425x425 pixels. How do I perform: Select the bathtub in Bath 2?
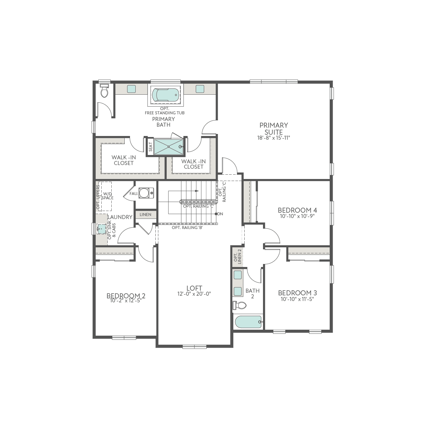click(x=248, y=322)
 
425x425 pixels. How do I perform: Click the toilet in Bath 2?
click(x=240, y=305)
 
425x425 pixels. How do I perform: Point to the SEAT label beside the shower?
click(x=150, y=147)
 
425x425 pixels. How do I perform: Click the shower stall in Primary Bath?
click(x=169, y=147)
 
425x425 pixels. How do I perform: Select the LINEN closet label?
click(x=145, y=215)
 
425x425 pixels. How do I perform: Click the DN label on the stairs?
click(x=220, y=214)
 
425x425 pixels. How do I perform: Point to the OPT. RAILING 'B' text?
click(x=187, y=228)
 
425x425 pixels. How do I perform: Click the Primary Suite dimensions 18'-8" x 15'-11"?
click(x=274, y=138)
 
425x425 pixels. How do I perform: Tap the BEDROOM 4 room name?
click(x=297, y=210)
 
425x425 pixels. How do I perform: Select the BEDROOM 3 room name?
click(x=297, y=293)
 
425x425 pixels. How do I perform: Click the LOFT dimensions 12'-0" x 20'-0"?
click(x=194, y=294)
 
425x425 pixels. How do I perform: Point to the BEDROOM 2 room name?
click(x=126, y=296)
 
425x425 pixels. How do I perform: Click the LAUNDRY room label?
click(x=120, y=217)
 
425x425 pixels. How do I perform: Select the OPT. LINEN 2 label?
click(x=237, y=257)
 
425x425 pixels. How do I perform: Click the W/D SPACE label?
click(x=107, y=196)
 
